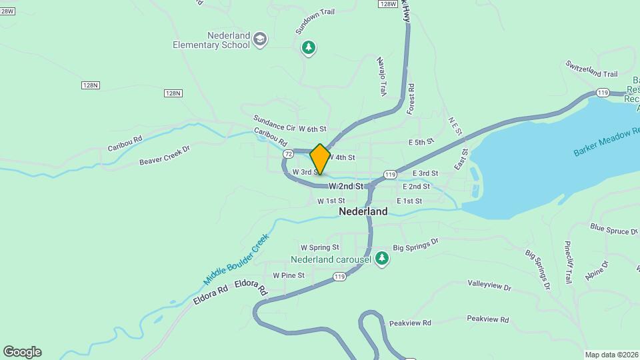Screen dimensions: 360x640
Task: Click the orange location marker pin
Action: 320,159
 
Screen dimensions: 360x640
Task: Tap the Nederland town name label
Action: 363,211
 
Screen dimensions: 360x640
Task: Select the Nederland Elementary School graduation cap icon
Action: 259,39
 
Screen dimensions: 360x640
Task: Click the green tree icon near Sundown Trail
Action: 308,47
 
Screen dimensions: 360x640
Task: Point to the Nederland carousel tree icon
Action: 382,257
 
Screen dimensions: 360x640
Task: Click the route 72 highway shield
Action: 288,154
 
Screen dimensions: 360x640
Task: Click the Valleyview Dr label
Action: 489,287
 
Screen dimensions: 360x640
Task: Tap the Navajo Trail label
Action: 381,77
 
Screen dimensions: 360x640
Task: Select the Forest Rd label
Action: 411,97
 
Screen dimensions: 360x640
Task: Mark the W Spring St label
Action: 320,247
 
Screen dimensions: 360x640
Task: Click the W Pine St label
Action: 289,275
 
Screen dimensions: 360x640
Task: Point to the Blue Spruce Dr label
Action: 614,230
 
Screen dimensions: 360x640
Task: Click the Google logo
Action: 22,352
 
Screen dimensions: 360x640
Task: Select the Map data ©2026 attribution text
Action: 611,355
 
